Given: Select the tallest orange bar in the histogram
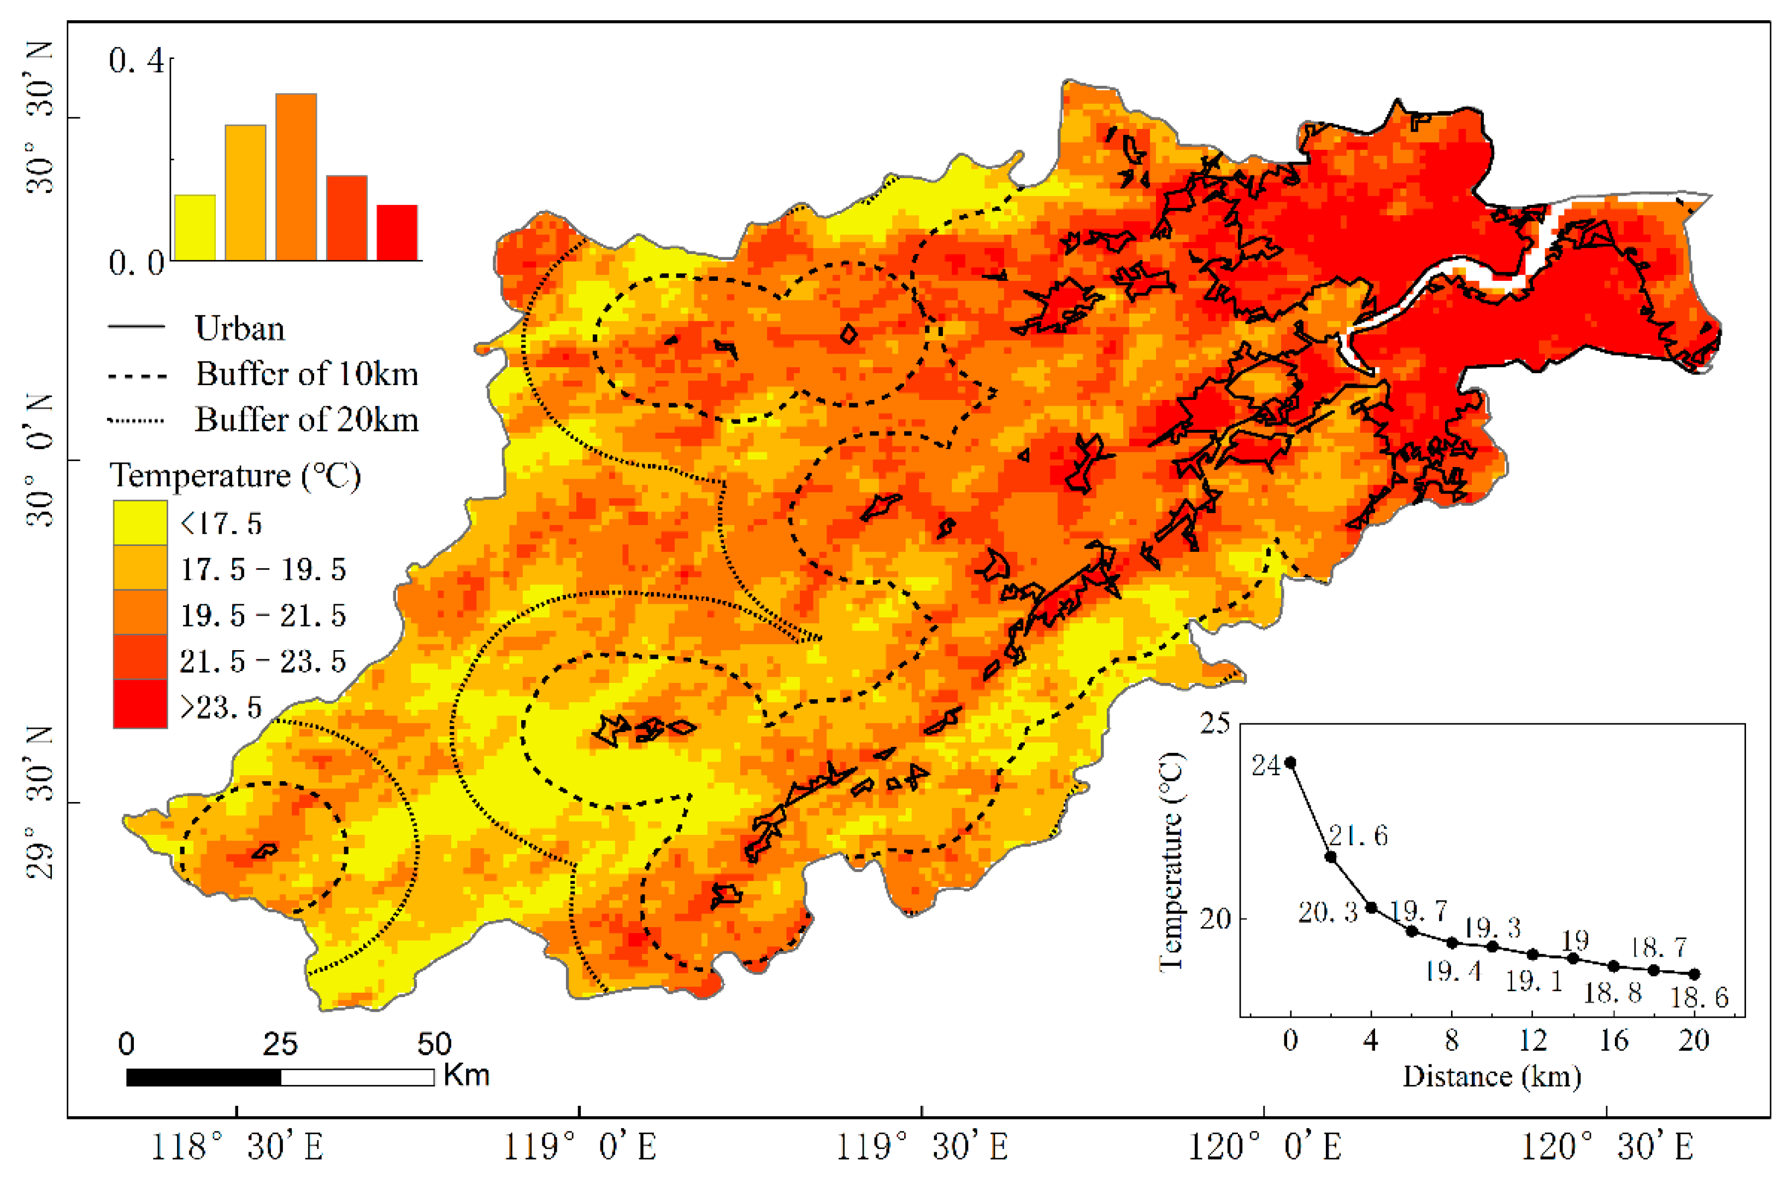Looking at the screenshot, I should click(296, 178).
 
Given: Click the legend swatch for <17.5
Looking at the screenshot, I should click(140, 522).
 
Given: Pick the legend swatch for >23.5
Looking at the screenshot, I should click(140, 704).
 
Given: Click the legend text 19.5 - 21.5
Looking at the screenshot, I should click(262, 615).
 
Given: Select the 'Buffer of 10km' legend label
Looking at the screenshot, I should click(306, 374).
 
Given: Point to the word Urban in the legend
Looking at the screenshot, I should click(239, 329).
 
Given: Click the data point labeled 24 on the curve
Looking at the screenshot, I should click(1290, 763).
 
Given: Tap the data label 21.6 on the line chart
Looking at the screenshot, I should click(1358, 835).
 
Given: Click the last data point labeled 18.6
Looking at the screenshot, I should click(1694, 974).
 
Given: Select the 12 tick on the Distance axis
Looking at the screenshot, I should click(1532, 1041).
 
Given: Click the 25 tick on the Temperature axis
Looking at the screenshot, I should click(1215, 724).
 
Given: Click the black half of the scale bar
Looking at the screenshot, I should click(203, 1077).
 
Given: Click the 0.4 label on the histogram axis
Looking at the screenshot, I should click(136, 61).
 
